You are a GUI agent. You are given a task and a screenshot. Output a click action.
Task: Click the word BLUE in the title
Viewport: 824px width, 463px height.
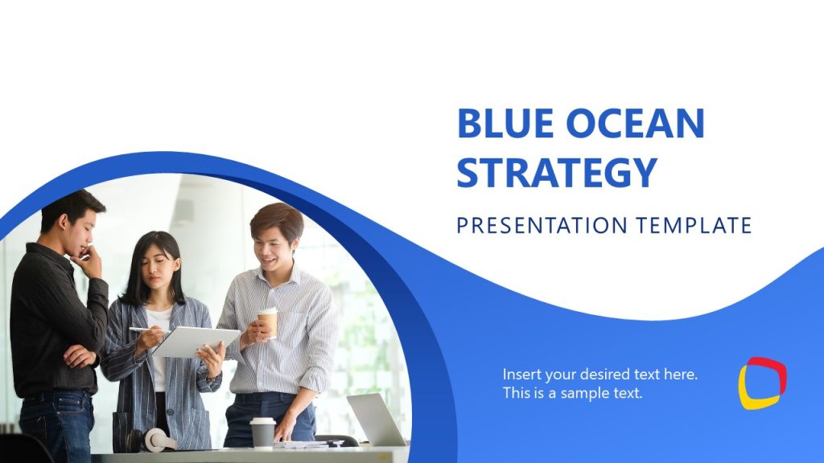504,124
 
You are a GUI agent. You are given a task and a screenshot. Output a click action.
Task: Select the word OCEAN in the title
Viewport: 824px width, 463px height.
633,124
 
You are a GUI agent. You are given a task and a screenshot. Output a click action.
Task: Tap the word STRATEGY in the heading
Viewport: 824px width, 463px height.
557,172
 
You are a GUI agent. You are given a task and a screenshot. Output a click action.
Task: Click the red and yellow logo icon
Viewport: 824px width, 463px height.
762,383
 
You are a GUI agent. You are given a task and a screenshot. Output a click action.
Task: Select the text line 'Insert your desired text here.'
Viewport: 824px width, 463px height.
600,375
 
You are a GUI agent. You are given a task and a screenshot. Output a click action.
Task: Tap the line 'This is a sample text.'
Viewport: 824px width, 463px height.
573,394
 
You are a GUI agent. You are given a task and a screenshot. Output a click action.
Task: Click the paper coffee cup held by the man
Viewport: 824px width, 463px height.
268,322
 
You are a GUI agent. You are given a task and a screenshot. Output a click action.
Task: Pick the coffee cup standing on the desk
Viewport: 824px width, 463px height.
262,432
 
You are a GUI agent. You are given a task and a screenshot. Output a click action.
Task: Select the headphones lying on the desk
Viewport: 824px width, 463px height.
157,440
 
